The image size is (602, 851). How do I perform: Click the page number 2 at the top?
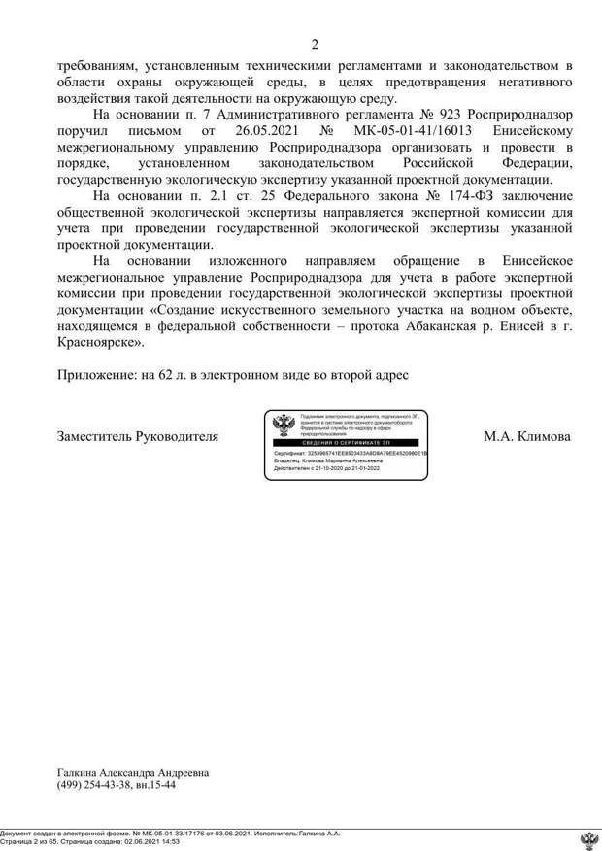coord(315,43)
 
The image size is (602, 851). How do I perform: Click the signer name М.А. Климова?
coord(526,436)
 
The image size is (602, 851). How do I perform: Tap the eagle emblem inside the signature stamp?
coord(284,425)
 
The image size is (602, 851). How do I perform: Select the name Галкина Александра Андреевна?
coord(133,773)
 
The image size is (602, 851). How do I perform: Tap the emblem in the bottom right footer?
coord(588,840)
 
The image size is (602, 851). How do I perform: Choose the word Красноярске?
coord(100,342)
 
